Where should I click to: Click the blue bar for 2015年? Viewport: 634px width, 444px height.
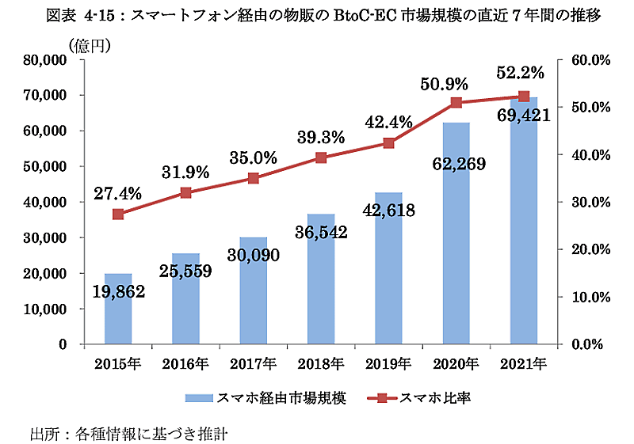coord(118,317)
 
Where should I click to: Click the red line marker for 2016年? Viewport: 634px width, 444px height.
coord(185,192)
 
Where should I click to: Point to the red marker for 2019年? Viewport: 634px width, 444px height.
coord(388,142)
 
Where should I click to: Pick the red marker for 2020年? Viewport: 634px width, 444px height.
coord(456,103)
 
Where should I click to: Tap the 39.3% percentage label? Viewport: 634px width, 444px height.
coord(321,136)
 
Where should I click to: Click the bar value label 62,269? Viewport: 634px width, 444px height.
coord(459,165)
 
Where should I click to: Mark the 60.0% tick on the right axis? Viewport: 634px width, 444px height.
coord(586,59)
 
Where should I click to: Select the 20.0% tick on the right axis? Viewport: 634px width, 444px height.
coord(586,249)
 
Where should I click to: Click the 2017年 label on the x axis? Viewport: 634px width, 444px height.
coord(254,364)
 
